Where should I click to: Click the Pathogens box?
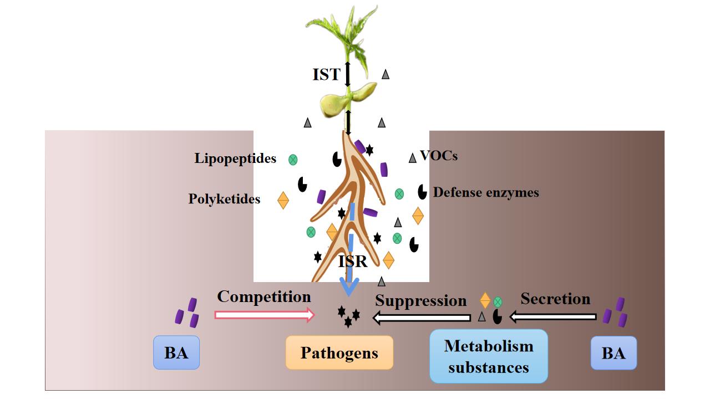(x=339, y=352)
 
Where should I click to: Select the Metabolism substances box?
(x=489, y=356)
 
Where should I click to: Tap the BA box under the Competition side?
(x=176, y=352)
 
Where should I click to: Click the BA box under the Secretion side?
(x=613, y=352)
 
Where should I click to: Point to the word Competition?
(x=264, y=296)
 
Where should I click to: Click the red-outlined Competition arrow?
(x=264, y=315)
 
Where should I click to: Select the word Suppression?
(x=420, y=301)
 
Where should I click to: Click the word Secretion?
(x=555, y=299)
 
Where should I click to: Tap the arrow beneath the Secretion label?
(x=553, y=317)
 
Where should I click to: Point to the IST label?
(x=326, y=75)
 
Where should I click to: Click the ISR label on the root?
(x=353, y=262)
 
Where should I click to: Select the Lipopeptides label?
(x=235, y=159)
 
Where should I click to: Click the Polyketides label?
(x=224, y=199)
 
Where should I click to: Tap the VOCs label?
(x=439, y=156)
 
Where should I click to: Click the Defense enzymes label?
(x=486, y=193)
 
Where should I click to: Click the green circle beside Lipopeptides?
(x=293, y=160)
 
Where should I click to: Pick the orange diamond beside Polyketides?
(x=283, y=200)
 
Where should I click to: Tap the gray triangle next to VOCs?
(x=412, y=158)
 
